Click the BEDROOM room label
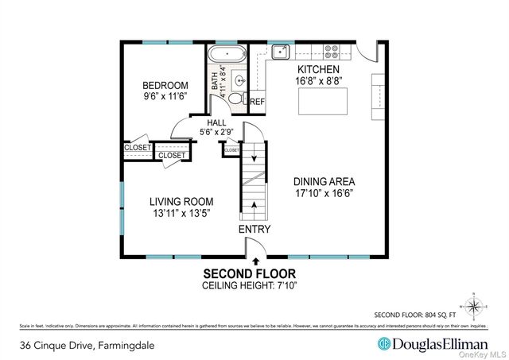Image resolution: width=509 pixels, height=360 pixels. point(165,86)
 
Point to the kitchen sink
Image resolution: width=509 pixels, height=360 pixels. point(279,52)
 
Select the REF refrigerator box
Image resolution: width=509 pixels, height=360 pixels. point(257,102)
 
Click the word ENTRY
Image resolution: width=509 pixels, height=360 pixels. point(254,230)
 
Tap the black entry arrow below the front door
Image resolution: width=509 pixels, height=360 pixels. point(255,261)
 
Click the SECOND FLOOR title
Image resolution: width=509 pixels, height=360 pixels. point(254,273)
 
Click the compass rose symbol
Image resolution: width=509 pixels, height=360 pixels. point(474,305)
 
